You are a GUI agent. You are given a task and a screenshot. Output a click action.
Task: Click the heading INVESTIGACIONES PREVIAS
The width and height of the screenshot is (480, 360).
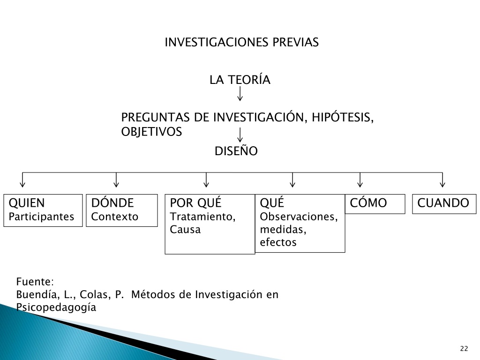(241, 42)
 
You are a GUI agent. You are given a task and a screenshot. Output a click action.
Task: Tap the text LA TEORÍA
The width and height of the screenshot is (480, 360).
(240, 80)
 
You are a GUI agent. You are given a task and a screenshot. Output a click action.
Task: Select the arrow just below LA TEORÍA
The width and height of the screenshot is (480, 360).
(240, 94)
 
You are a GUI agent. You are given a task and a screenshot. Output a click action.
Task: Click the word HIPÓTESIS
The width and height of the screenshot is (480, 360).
(343, 118)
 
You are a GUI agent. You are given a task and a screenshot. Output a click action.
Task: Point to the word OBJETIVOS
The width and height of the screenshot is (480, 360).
(151, 132)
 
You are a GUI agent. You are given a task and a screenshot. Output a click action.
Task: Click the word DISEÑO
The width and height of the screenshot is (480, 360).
(236, 150)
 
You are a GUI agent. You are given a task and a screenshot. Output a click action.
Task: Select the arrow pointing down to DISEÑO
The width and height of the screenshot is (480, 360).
(240, 135)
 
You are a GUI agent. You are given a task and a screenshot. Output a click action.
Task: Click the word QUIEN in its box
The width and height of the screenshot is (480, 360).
(27, 203)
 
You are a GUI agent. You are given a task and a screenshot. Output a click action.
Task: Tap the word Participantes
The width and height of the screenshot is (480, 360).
(41, 217)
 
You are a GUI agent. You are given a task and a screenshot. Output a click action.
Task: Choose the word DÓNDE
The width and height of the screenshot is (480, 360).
(112, 202)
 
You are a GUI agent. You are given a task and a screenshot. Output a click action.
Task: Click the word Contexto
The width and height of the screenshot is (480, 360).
(115, 217)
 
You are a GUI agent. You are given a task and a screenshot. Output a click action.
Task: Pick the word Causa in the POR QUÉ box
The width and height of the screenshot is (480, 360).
(185, 229)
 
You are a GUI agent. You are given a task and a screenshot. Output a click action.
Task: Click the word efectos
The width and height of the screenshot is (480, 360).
(278, 242)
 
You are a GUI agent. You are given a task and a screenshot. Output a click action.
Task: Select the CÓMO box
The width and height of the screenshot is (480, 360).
(375, 204)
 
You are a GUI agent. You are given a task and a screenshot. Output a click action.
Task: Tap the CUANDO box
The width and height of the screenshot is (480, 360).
(444, 204)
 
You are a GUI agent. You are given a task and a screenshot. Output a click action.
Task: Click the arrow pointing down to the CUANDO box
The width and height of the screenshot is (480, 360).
(442, 180)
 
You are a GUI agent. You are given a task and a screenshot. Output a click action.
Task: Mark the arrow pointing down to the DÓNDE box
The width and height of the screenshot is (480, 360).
(116, 180)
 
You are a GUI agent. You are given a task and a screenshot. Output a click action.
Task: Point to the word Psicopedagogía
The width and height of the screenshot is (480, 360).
(56, 307)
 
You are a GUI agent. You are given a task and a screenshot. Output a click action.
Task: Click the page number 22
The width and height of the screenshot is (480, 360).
(464, 348)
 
